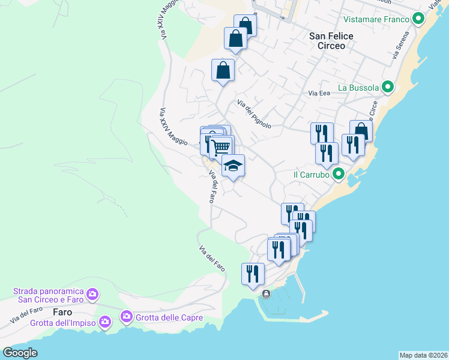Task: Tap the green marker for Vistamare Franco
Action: [418, 19]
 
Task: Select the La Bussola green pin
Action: [388, 88]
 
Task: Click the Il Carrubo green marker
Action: [339, 175]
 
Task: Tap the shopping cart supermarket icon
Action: [221, 146]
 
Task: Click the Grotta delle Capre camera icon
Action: [127, 316]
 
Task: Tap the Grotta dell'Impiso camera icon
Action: [105, 322]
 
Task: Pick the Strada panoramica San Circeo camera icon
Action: [92, 294]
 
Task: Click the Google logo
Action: [20, 352]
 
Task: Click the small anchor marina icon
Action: [266, 293]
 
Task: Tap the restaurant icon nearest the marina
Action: [253, 273]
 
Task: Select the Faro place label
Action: [62, 312]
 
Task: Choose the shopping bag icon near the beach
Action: [361, 130]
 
